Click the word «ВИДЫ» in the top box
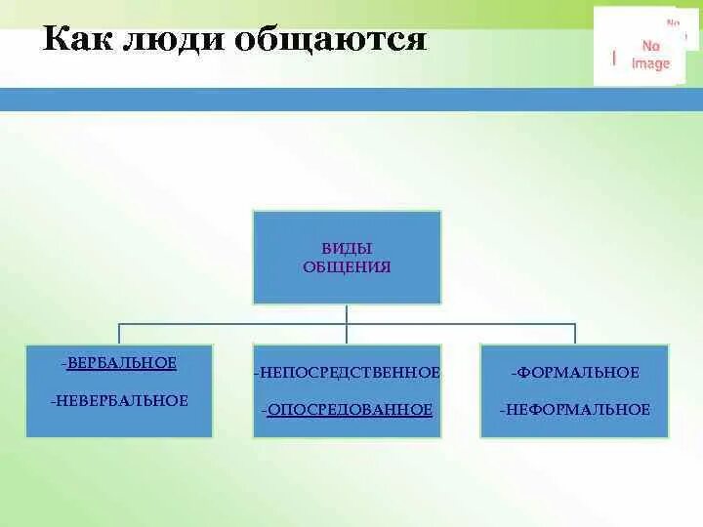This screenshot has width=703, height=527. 347,249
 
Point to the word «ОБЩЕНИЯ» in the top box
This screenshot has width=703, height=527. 347,266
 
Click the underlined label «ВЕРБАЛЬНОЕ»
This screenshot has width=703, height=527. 122,363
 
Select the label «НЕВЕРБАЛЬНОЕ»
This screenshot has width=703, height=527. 121,400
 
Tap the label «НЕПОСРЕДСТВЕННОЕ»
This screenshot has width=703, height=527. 348,373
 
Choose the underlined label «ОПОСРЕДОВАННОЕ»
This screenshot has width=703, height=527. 348,410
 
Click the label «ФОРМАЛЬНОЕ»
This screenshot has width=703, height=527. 577,373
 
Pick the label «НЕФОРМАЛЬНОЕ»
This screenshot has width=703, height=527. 577,410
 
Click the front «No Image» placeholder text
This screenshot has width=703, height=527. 651,55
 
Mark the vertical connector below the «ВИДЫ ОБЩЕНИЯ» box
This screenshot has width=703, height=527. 347,313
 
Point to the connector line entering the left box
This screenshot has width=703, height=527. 119,334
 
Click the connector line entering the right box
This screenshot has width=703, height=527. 575,334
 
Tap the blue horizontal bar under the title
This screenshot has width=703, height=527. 351,99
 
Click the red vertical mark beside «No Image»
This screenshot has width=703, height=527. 614,58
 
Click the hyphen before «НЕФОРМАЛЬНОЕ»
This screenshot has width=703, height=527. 502,410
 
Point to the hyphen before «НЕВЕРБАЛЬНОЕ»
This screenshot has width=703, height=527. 54,400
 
